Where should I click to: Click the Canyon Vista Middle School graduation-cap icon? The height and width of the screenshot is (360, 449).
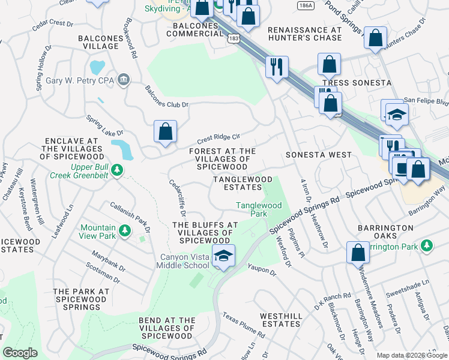point(223,256)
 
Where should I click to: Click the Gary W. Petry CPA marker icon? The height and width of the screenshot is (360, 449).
point(124,79)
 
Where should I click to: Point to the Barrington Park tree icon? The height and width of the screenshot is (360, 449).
point(427,245)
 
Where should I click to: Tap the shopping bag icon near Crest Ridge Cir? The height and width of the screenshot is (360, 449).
point(165,131)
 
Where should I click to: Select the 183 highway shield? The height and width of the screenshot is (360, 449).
point(234,38)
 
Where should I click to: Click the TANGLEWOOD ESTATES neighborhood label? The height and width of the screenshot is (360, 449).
point(244,183)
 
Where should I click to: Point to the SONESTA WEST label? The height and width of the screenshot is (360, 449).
point(318,154)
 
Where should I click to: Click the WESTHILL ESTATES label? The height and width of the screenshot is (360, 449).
point(280,319)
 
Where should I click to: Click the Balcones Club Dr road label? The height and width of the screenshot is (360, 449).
point(167,97)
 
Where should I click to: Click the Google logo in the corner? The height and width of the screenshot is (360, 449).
point(20,353)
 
